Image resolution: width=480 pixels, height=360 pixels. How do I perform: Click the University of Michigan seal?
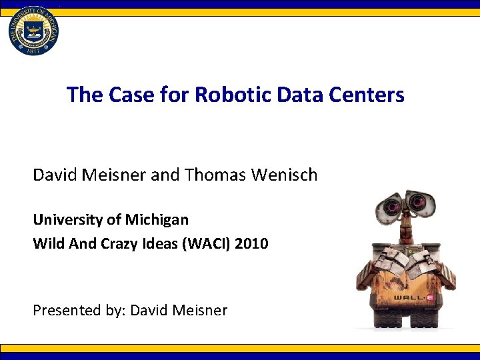click(x=33, y=29)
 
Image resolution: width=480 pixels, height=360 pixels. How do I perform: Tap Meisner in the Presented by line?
click(x=198, y=310)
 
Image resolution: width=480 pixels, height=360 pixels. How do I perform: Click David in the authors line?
click(x=55, y=175)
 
